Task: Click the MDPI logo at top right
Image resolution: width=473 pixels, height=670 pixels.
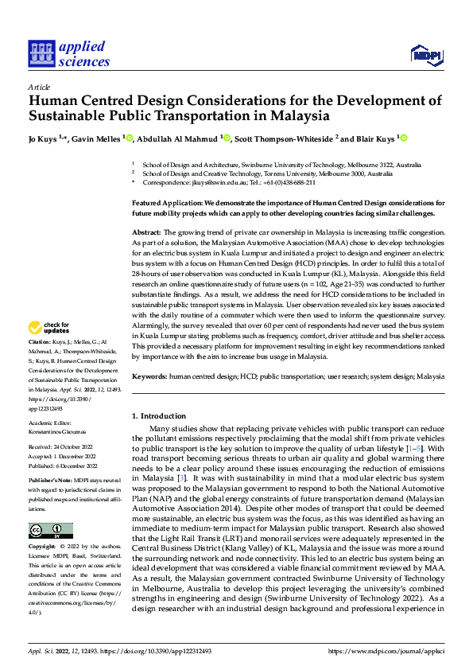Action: [425, 53]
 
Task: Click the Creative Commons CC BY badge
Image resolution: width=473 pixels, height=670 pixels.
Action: [50, 530]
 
